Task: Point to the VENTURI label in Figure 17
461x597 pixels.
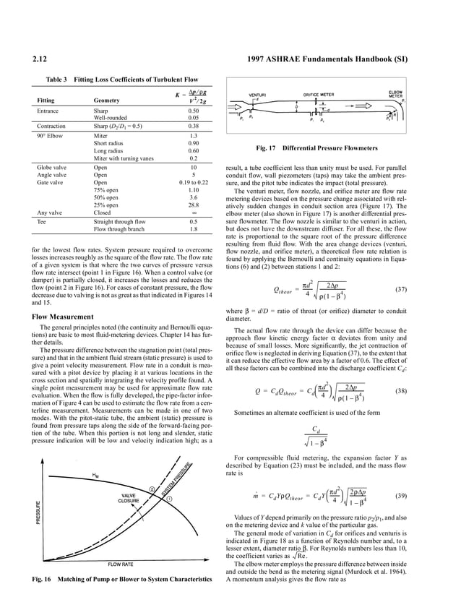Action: tap(258, 95)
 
